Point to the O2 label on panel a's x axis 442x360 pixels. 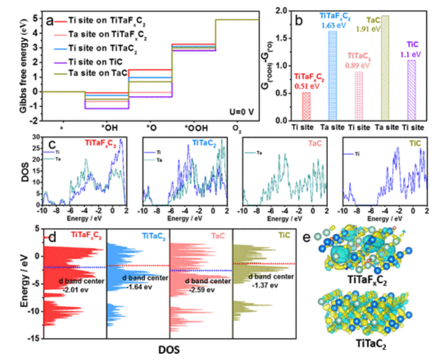coord(236,129)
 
